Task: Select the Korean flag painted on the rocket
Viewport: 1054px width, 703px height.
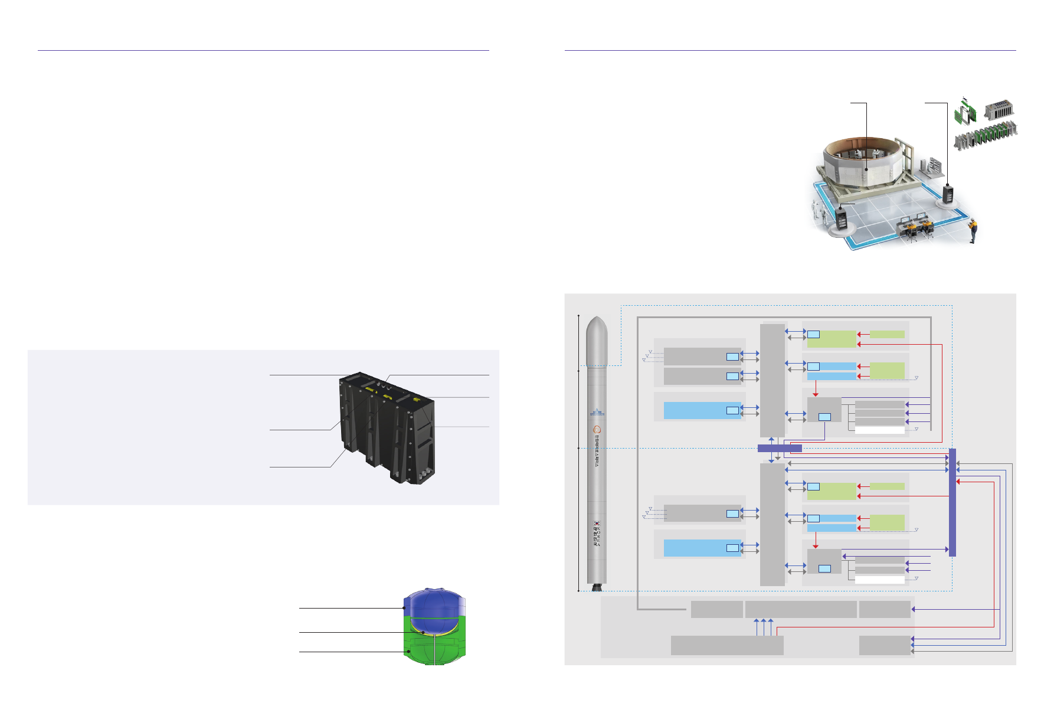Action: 597,523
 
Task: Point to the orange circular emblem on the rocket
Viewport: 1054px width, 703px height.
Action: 597,430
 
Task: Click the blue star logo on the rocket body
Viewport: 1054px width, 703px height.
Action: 597,411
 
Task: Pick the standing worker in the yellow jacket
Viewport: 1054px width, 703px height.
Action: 973,230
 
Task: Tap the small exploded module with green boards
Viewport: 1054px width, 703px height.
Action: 965,110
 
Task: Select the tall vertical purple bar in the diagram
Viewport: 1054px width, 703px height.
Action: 952,502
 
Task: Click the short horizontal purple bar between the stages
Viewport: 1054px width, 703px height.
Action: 779,449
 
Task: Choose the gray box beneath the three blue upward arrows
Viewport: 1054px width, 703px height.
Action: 727,645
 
